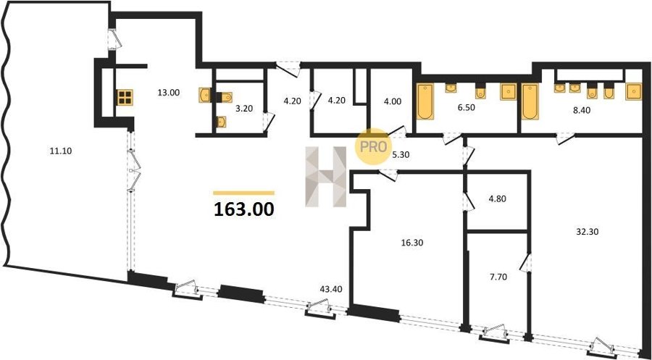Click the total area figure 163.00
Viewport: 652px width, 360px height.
tap(244, 209)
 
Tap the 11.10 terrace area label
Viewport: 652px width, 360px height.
tap(61, 151)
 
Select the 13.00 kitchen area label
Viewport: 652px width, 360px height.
tap(168, 93)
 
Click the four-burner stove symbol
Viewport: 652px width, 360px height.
tap(125, 97)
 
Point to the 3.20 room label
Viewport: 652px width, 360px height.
tap(243, 109)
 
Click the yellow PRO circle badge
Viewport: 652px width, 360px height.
tap(372, 146)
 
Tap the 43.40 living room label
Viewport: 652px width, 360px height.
tap(331, 288)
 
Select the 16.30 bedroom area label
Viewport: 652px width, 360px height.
tap(411, 243)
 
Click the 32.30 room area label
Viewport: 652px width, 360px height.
tap(587, 232)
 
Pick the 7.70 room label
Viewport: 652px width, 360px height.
tap(498, 277)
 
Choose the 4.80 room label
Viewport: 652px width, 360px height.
tap(498, 198)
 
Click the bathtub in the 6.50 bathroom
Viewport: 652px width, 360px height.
tap(425, 101)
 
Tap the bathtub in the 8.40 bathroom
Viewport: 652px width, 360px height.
tap(530, 101)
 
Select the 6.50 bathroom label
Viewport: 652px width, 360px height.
tap(466, 107)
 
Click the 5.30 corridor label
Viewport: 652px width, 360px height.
tap(401, 154)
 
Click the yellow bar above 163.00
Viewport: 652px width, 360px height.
tap(243, 193)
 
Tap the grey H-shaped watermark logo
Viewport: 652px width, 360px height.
tap(326, 177)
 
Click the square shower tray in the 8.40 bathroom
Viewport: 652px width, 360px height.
tap(633, 92)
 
